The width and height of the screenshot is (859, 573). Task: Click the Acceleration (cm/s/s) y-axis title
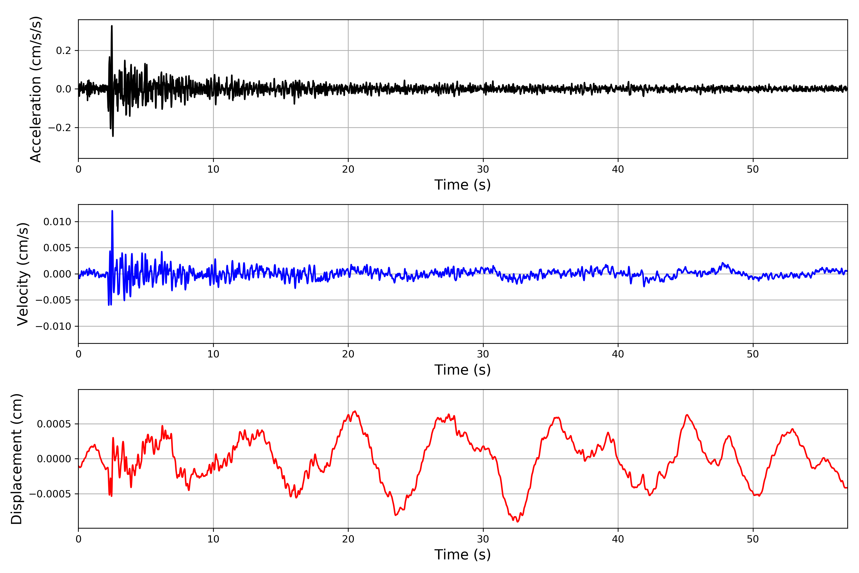[x=36, y=89]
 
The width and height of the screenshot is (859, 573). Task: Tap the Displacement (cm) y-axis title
[x=17, y=459]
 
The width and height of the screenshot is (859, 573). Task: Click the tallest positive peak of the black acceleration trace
[x=112, y=26]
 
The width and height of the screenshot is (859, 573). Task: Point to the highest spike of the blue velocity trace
[x=112, y=211]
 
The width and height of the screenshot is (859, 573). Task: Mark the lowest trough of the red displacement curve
[x=518, y=521]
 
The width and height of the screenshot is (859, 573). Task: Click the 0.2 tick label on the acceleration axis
[x=63, y=50]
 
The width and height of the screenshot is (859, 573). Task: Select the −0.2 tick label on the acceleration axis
[x=59, y=127]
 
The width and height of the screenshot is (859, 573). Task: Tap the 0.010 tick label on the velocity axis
[x=57, y=222]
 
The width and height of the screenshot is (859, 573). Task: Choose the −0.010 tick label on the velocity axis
[x=53, y=326]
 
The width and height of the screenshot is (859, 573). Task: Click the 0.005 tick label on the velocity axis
[x=57, y=248]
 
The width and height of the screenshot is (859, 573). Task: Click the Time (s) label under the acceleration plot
[x=462, y=185]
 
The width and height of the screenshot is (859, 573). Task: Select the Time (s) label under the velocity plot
[x=462, y=370]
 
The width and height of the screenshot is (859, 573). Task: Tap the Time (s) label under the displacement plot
[x=462, y=555]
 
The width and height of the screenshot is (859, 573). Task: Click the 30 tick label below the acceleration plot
[x=483, y=170]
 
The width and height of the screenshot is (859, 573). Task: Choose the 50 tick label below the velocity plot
[x=753, y=354]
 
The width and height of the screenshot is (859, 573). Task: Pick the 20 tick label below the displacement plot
[x=348, y=539]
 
